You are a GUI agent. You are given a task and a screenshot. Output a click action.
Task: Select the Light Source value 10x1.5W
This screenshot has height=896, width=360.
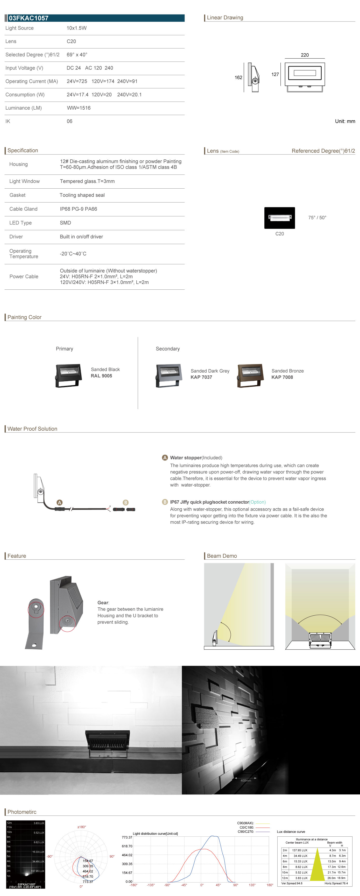(76, 28)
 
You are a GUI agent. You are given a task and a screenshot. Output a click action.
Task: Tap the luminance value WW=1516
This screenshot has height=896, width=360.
(79, 108)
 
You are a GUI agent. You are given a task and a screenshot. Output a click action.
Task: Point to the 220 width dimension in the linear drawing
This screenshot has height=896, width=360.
(305, 55)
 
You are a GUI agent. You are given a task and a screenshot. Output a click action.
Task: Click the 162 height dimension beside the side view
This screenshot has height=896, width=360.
(238, 77)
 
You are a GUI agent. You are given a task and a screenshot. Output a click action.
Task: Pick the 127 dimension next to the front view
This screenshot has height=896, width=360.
(275, 74)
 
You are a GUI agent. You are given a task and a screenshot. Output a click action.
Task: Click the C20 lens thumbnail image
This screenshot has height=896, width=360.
(280, 218)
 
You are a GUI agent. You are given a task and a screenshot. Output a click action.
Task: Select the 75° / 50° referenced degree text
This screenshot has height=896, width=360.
(317, 218)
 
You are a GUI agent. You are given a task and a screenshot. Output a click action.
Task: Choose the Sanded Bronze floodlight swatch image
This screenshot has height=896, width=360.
(250, 375)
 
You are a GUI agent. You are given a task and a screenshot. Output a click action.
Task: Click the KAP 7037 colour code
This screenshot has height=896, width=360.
(201, 377)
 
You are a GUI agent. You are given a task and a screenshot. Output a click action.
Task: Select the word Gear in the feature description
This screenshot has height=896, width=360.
(103, 603)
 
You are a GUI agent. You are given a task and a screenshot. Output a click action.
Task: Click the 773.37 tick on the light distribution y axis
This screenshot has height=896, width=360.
(127, 837)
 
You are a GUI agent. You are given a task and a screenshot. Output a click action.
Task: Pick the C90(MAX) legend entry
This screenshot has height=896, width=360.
(245, 823)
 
